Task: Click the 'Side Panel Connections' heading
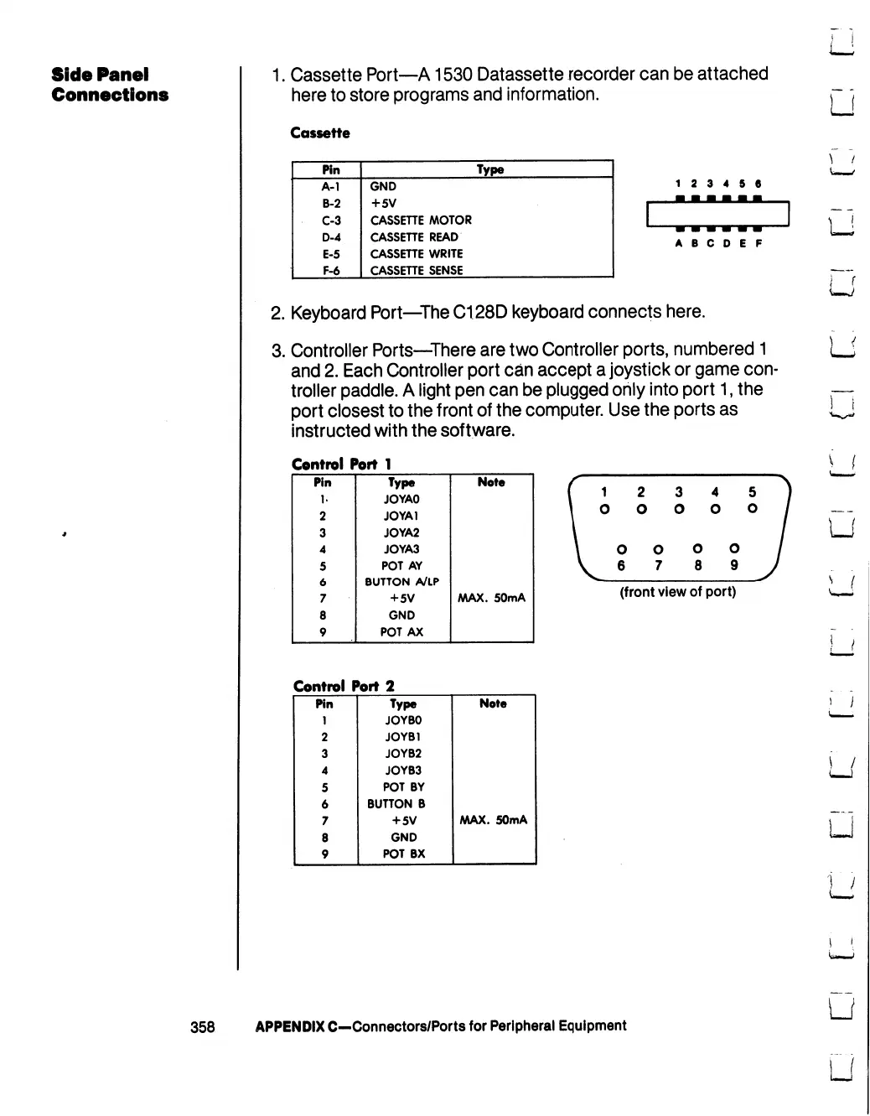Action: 109,84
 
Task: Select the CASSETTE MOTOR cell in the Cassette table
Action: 421,220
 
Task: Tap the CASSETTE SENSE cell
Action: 416,270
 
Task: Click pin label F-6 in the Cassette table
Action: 331,271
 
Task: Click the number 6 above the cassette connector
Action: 758,183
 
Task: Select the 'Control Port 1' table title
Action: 341,464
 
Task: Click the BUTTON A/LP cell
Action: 401,581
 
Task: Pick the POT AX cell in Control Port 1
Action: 401,631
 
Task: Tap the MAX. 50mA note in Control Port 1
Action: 491,598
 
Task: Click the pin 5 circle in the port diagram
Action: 752,509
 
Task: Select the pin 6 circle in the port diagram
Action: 621,549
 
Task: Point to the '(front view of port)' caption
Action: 677,591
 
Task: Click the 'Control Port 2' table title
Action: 344,686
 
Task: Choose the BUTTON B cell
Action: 396,803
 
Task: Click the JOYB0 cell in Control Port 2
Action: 403,719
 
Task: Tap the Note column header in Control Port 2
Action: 493,703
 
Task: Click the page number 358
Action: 203,1026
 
